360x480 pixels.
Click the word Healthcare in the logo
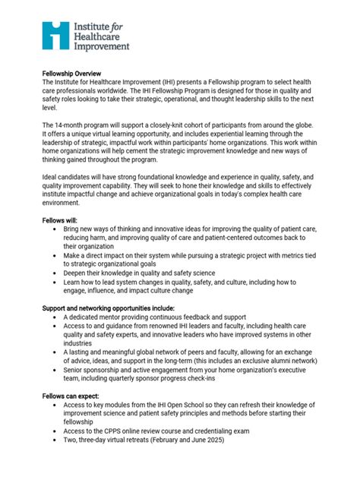coord(100,35)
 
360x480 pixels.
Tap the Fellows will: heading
coord(62,219)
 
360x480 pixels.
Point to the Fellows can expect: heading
coord(75,396)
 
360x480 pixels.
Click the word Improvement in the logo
coord(102,46)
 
